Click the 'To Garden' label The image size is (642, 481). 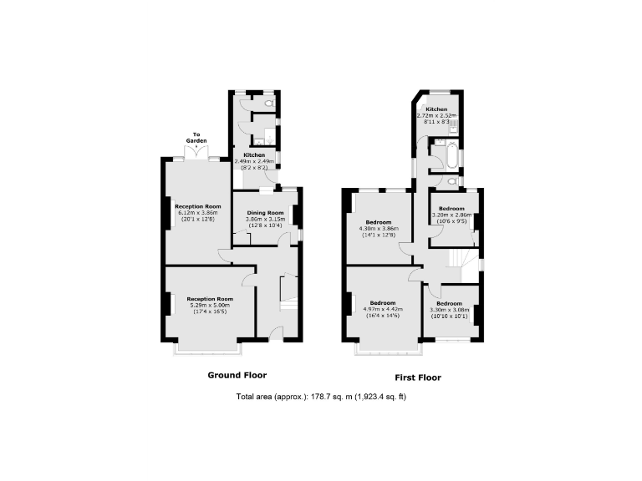click(197, 138)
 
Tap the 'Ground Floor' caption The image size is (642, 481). click(237, 375)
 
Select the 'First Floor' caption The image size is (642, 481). click(412, 377)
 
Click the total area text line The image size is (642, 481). click(321, 396)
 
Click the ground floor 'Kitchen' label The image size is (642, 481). click(254, 155)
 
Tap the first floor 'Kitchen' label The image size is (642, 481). click(436, 109)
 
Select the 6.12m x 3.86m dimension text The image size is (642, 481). click(198, 212)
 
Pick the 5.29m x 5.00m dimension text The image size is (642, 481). click(209, 305)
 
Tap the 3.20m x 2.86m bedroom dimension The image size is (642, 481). click(452, 215)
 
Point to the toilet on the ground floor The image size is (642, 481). click(267, 103)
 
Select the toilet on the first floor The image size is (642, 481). click(452, 180)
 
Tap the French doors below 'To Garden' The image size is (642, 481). click(197, 156)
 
